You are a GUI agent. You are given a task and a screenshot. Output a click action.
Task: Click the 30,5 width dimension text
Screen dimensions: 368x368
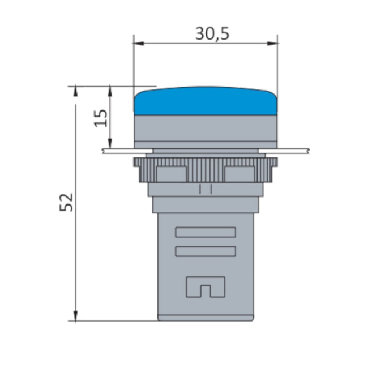point(212,34)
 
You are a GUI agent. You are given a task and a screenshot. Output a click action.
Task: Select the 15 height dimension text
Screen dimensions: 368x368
point(100,117)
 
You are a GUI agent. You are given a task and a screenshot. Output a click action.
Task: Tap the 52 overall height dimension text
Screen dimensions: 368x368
point(67,202)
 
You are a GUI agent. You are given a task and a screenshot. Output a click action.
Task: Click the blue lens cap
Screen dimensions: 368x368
point(205,101)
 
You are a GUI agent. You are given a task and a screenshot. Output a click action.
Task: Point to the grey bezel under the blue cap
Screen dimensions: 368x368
point(205,129)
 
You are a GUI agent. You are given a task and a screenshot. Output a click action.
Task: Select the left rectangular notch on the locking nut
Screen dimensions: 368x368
point(170,173)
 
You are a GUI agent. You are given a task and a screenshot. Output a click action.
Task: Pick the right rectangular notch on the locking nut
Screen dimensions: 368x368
point(239,173)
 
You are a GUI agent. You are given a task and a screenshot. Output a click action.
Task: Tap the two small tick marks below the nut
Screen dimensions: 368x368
point(205,189)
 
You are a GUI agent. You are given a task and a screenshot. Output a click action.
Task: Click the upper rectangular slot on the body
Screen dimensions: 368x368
point(205,232)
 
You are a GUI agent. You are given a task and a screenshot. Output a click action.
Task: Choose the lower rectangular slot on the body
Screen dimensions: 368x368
point(205,251)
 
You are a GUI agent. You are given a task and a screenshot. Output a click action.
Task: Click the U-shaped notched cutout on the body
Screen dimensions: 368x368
point(205,286)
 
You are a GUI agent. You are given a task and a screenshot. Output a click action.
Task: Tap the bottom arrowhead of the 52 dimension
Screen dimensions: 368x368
point(76,317)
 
